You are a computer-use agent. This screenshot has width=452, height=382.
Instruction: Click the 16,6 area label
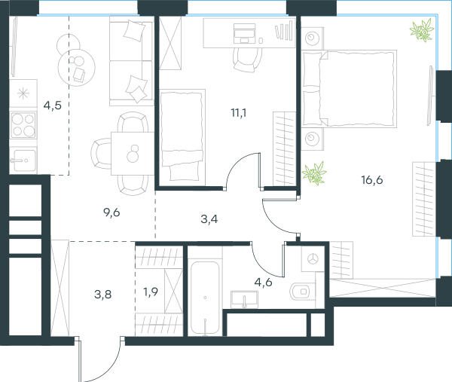[372, 180]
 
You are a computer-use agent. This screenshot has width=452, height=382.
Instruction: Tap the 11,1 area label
[239, 113]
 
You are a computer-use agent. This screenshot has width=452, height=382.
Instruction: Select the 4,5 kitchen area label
[53, 105]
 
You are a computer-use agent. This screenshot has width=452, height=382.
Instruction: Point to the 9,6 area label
[111, 212]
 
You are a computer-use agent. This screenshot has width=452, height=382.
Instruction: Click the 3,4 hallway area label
[209, 219]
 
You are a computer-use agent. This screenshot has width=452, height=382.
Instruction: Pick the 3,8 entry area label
[103, 295]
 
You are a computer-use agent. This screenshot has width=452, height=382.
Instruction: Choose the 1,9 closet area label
[151, 292]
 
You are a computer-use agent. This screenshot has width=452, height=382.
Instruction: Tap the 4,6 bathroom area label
[263, 282]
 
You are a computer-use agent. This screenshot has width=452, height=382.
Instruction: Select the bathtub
[205, 298]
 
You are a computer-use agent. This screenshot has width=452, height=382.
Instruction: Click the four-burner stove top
[23, 125]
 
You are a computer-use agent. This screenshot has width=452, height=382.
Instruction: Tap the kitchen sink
[23, 160]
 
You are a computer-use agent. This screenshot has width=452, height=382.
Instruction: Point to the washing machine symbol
[312, 258]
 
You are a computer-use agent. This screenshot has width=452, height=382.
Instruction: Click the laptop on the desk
[244, 33]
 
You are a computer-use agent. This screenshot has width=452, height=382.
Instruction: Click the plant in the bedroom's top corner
[422, 30]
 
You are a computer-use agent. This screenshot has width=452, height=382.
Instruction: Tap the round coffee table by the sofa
[76, 68]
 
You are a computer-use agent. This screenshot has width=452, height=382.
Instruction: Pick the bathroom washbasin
[244, 299]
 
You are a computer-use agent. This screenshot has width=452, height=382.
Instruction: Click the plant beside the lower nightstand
[314, 173]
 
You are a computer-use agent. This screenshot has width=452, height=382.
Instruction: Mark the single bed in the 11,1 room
[182, 137]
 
